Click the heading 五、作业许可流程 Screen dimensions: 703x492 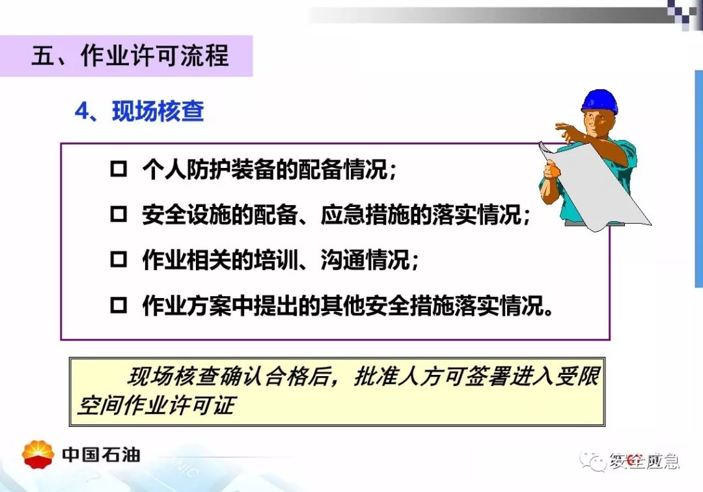click(130, 56)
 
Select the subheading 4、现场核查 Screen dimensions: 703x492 click(139, 111)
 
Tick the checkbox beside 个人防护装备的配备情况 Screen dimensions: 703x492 click(118, 169)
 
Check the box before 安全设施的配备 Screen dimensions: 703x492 click(118, 214)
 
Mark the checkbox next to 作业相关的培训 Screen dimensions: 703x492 click(118, 260)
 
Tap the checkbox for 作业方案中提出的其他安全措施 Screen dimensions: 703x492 click(118, 305)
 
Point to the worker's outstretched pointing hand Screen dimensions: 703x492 click(566, 130)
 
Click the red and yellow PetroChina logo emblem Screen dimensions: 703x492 click(38, 454)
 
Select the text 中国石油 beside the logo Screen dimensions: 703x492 click(101, 455)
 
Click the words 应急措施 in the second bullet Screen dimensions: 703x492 click(365, 215)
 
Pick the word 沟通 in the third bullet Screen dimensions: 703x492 click(343, 260)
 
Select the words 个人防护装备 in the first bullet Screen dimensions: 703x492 click(208, 169)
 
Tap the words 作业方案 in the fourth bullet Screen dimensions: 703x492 click(187, 306)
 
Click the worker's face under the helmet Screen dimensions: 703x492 click(599, 122)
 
